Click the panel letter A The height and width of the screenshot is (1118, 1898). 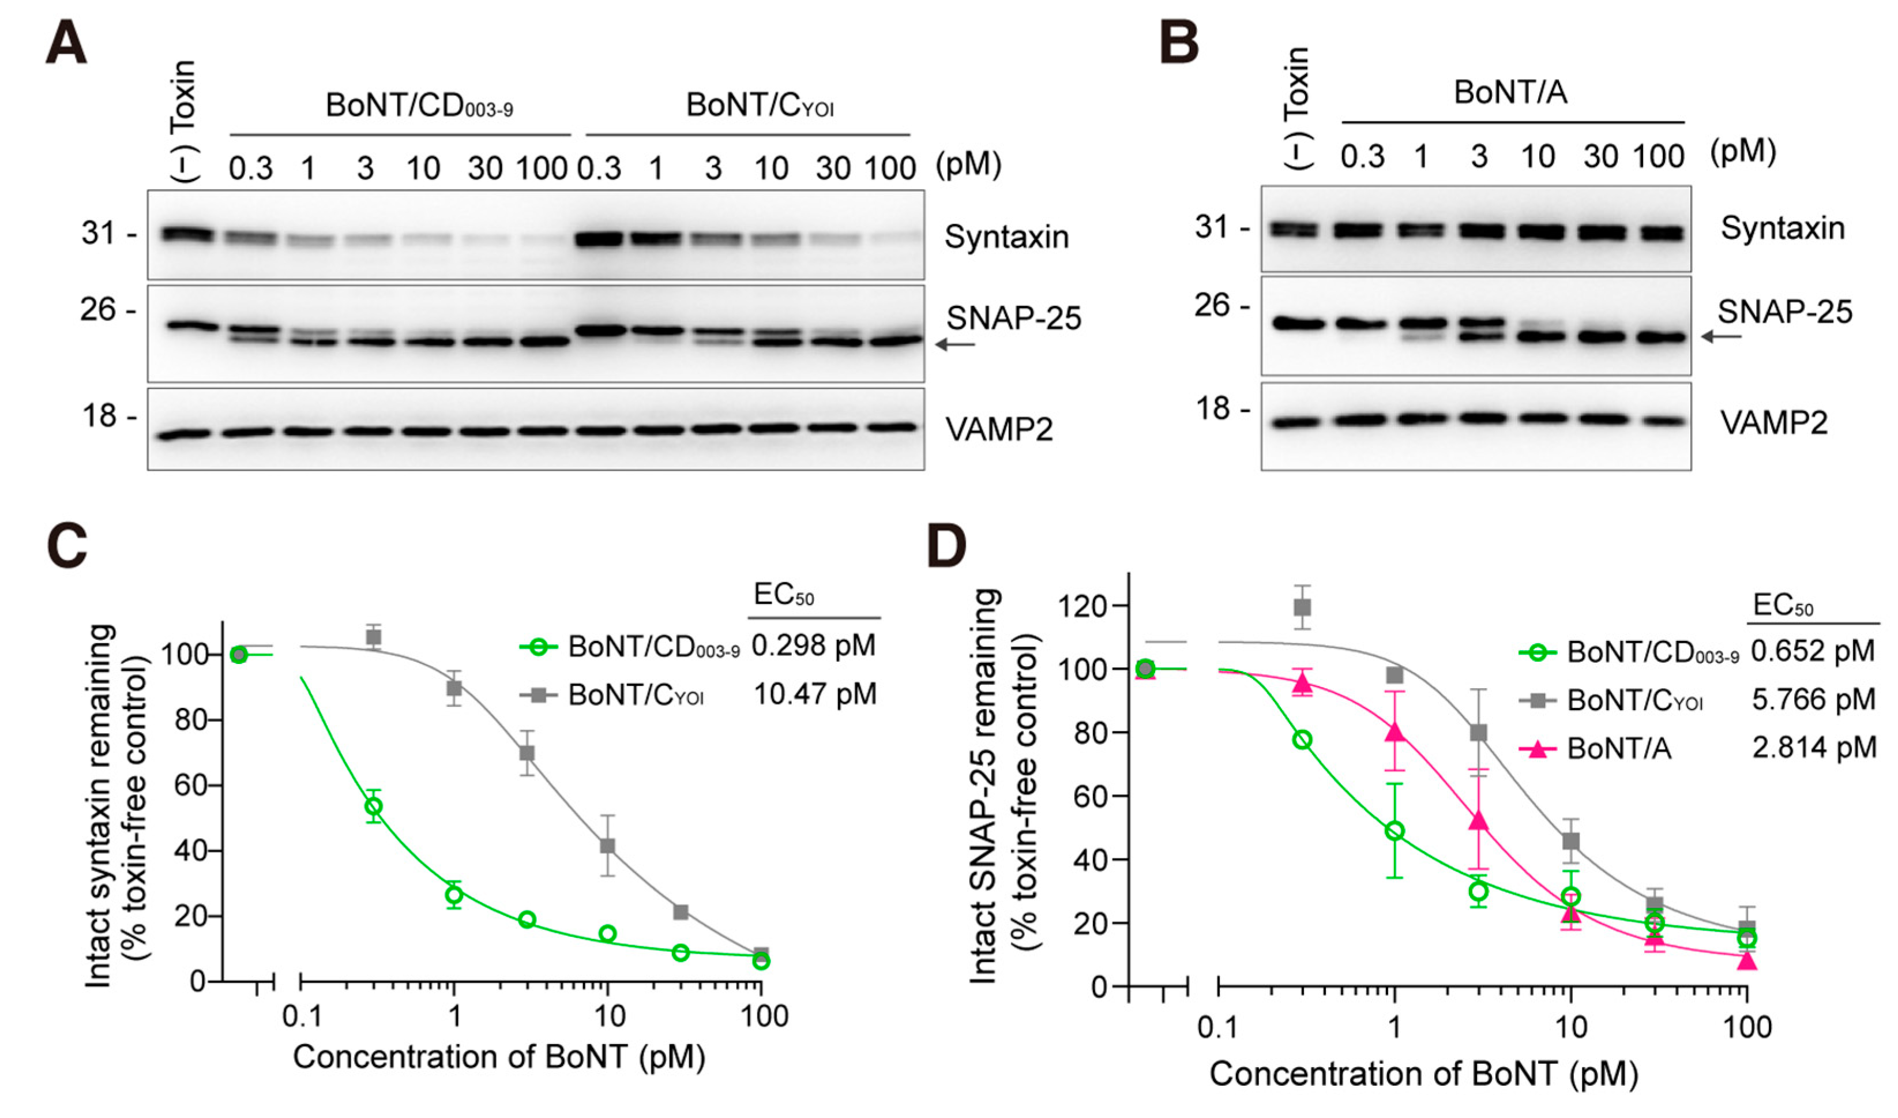point(66,44)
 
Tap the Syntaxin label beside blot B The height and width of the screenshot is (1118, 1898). point(1782,228)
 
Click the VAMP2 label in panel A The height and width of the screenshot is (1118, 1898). point(999,429)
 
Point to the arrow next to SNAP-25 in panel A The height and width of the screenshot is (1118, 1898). point(955,345)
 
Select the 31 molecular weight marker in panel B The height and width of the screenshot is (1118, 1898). point(1213,226)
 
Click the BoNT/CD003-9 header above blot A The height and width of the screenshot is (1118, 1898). point(419,106)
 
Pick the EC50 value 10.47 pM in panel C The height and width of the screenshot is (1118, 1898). point(814,694)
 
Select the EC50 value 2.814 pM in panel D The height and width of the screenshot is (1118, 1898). point(1814,747)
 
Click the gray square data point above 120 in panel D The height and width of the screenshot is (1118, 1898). point(1302,606)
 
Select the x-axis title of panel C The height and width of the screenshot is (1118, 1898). point(499,1057)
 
